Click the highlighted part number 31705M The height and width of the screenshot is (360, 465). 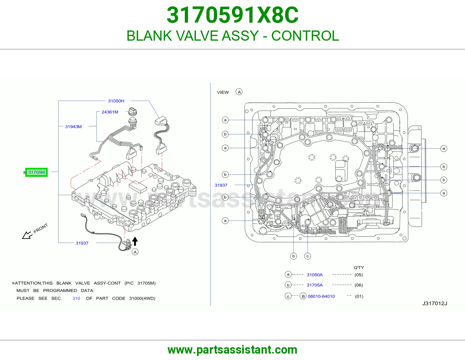[x=37, y=172]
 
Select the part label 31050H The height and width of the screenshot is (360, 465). [x=116, y=101]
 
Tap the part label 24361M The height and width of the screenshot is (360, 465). [x=110, y=112]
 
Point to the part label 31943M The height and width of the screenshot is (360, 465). [x=74, y=127]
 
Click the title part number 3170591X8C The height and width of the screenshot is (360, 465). [x=233, y=15]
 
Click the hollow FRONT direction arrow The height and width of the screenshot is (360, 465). [x=27, y=235]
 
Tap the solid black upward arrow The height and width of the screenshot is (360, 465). [x=135, y=241]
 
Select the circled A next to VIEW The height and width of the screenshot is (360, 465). [x=239, y=92]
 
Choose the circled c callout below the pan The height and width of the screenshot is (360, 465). [x=307, y=256]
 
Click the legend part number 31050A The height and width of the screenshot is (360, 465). [x=314, y=275]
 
